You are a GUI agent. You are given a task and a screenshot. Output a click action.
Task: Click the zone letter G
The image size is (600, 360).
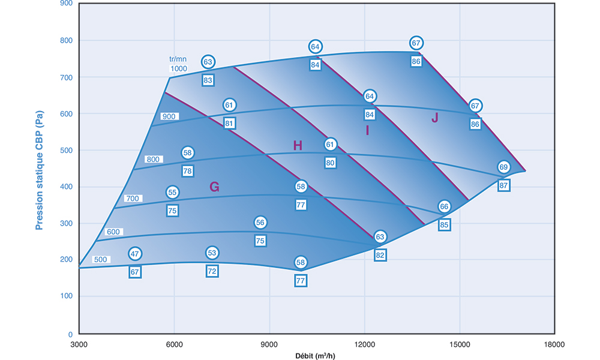[214, 187]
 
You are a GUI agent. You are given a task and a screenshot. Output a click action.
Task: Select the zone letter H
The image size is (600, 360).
[298, 145]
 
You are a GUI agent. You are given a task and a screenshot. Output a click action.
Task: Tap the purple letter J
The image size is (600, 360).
[435, 118]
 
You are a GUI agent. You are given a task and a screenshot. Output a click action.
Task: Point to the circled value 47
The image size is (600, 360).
[135, 254]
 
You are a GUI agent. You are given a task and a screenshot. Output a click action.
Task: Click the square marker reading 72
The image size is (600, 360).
[212, 271]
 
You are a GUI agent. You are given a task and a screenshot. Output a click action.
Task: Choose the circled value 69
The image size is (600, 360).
[503, 167]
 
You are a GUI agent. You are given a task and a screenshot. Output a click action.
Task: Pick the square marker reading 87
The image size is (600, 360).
[503, 185]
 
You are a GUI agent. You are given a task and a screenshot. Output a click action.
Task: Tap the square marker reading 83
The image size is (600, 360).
[208, 80]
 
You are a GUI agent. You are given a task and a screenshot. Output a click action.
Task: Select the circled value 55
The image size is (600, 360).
[173, 193]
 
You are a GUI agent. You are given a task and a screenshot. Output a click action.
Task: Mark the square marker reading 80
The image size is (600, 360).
[331, 163]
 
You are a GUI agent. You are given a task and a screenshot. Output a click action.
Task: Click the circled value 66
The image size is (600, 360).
[444, 207]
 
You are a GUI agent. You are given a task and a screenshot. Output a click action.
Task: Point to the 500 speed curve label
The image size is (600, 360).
[101, 260]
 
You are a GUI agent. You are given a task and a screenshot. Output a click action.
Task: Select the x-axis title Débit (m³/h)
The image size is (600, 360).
[316, 355]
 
